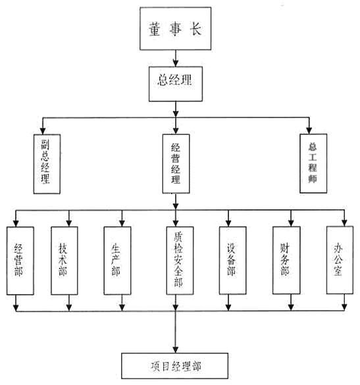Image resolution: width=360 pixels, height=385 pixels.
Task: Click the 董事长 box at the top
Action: (175, 30)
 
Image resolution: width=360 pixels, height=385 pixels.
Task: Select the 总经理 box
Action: (175, 82)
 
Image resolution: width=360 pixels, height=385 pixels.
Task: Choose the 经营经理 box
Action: (175, 164)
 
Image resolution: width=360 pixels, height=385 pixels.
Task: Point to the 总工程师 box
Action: (313, 163)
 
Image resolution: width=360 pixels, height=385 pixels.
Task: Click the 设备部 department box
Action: (232, 261)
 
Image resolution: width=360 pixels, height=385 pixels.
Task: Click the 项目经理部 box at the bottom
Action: (175, 364)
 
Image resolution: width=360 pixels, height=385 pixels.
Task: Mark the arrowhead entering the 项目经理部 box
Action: (175, 348)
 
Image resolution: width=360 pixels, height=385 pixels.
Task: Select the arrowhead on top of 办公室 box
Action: (344, 222)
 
